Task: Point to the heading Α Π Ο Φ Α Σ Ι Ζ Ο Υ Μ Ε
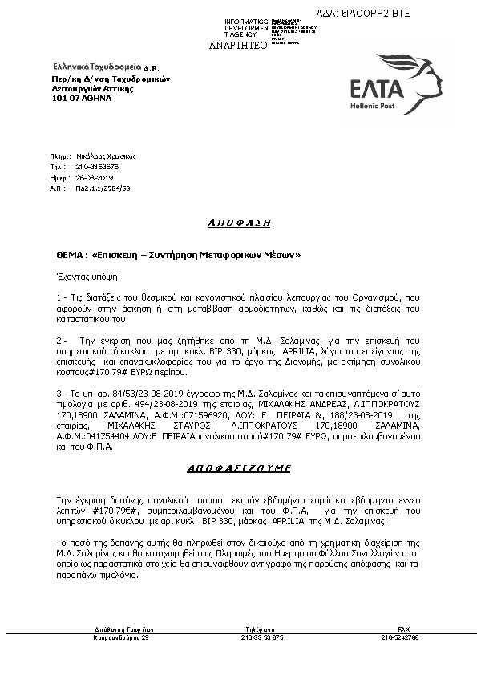pyautogui.click(x=238, y=467)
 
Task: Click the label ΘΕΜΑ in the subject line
pyautogui.click(x=67, y=254)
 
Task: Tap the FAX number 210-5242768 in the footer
pyautogui.click(x=403, y=637)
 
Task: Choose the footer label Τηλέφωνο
pyautogui.click(x=262, y=629)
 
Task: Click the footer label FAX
pyautogui.click(x=404, y=629)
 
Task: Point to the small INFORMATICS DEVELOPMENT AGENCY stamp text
pyautogui.click(x=241, y=28)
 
